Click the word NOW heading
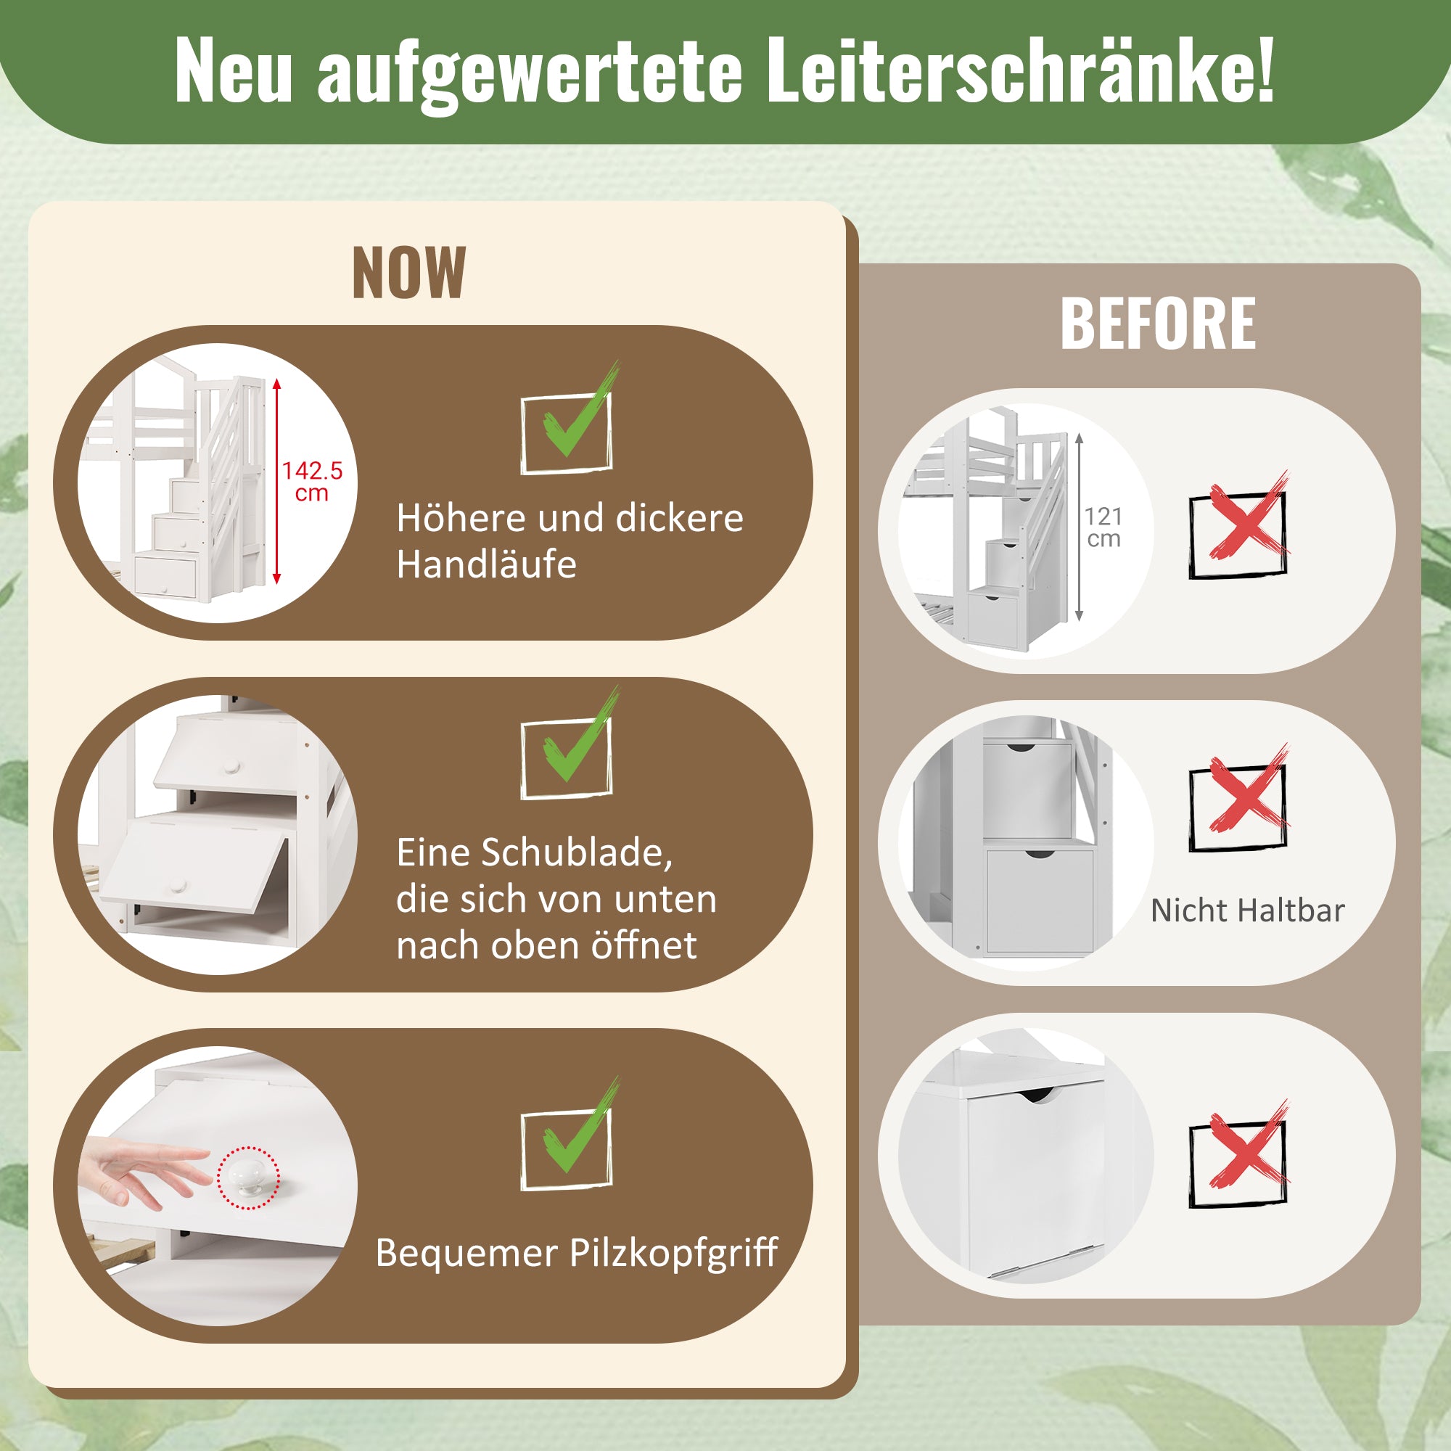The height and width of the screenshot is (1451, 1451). click(408, 274)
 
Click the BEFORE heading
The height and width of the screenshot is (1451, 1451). click(1157, 324)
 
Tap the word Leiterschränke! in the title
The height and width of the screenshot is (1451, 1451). click(1019, 70)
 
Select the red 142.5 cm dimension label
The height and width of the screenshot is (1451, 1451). click(312, 482)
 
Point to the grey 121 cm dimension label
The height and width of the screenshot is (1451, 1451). click(1103, 527)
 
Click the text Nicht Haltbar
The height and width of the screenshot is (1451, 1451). click(1247, 911)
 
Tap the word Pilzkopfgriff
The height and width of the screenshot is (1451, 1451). click(674, 1254)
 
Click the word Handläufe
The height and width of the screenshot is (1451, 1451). click(487, 564)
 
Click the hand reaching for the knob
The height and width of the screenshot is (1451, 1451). click(143, 1174)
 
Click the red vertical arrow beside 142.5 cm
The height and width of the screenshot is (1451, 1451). click(276, 481)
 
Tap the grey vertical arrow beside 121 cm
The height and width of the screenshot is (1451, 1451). click(1080, 527)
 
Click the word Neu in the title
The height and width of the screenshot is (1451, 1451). click(233, 70)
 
